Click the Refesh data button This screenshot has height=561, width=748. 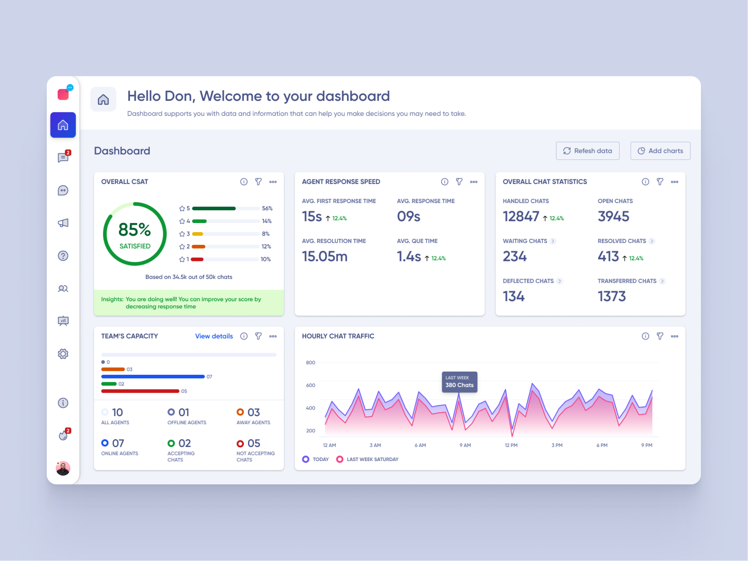(x=587, y=151)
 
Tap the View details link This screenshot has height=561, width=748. (x=214, y=336)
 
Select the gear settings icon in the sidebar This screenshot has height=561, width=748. (x=63, y=354)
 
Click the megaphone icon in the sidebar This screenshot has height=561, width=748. (x=63, y=223)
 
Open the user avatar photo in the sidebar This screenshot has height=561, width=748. (x=63, y=468)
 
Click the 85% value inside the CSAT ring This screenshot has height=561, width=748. (x=135, y=230)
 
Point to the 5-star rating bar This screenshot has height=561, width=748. (x=226, y=208)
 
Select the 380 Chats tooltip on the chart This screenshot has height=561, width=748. (x=459, y=382)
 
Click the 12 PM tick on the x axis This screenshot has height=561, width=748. (x=511, y=445)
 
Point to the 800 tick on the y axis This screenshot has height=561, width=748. (x=310, y=363)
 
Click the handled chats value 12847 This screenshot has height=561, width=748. (x=521, y=216)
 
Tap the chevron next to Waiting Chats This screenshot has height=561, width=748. (x=553, y=241)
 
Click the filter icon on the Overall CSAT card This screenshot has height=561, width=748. (x=258, y=182)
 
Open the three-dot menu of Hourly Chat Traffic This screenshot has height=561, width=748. (x=674, y=336)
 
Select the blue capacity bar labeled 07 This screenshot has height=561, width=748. (x=153, y=376)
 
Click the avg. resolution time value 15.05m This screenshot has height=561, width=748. (x=325, y=256)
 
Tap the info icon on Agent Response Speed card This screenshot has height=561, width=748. (x=444, y=182)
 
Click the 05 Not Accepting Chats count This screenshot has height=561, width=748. (x=253, y=443)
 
